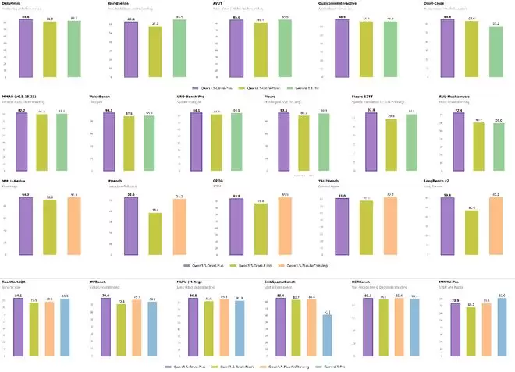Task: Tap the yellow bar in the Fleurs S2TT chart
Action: pos(390,144)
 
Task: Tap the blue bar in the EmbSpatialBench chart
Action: pos(326,335)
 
